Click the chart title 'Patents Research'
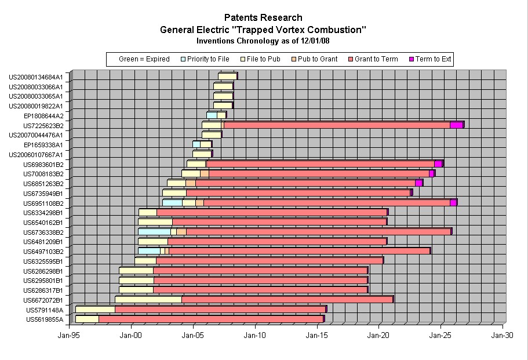263,18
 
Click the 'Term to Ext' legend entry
429,59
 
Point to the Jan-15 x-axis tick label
316,335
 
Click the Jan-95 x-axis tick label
69,335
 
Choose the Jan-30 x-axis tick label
502,335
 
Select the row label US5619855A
45,319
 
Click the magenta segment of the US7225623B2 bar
456,125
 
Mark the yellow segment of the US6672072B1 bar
148,300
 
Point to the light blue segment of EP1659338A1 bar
196,144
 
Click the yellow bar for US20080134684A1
227,77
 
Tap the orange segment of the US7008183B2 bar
205,173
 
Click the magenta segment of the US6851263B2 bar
418,183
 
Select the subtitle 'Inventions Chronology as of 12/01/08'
263,41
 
